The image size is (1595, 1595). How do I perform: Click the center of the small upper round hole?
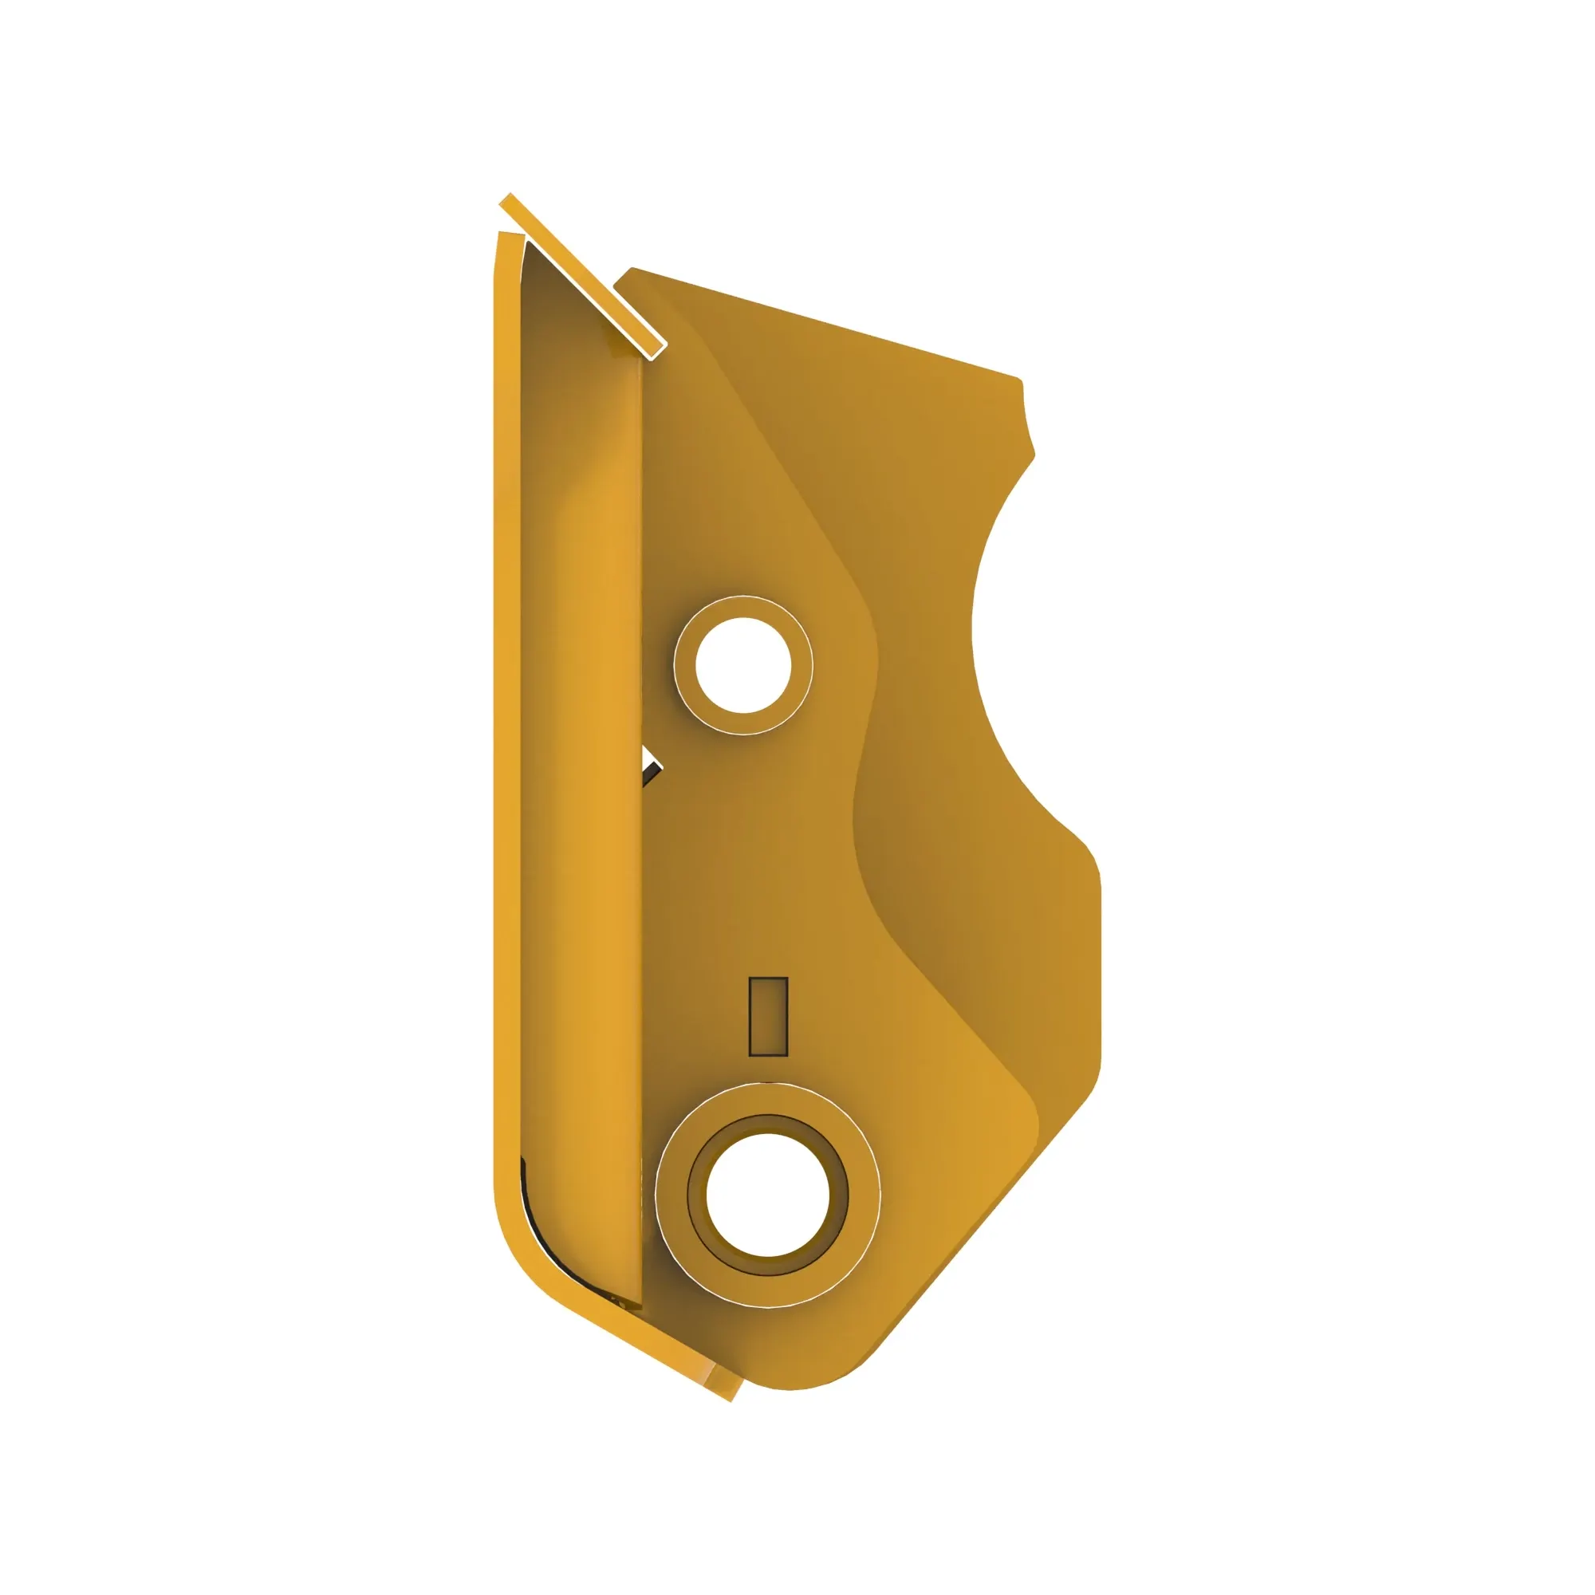(x=743, y=664)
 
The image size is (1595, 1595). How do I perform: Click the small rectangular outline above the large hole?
(x=768, y=1016)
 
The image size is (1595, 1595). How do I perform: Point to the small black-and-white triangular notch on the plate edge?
(x=652, y=768)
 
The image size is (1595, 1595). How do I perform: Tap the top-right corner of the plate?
(x=1018, y=380)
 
